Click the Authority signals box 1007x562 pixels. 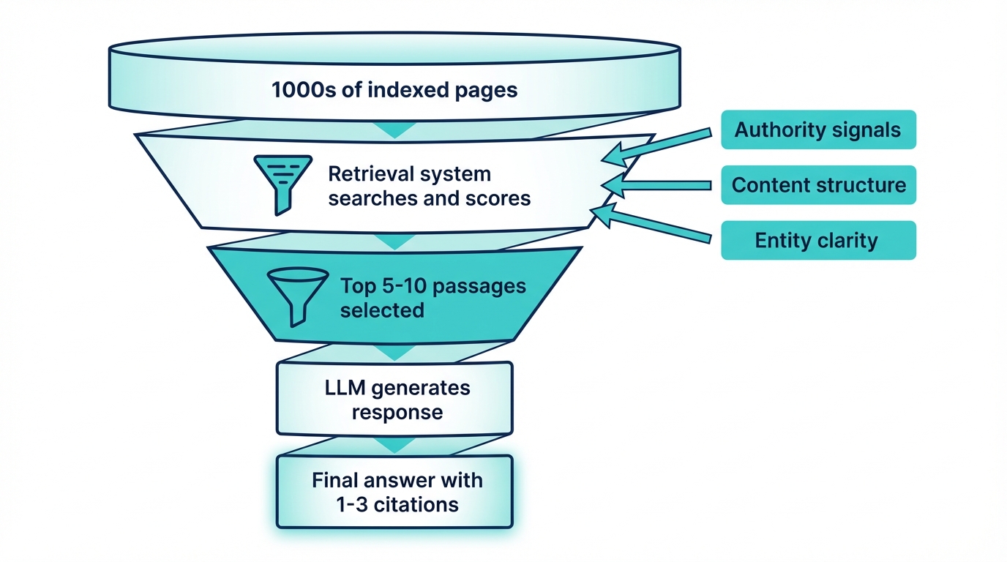coord(818,130)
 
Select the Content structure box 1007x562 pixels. coord(818,185)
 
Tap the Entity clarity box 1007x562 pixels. coord(818,241)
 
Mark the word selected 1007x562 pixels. coord(382,310)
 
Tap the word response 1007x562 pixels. coord(397,412)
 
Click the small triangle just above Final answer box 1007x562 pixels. coord(394,445)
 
